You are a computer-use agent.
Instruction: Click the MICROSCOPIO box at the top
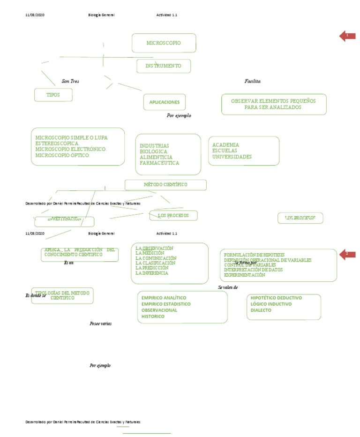164,43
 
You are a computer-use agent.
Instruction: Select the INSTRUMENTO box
164,66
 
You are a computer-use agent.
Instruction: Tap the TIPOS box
53,95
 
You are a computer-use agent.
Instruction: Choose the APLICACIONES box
164,102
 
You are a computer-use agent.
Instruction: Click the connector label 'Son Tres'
70,81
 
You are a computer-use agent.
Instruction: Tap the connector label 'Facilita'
252,81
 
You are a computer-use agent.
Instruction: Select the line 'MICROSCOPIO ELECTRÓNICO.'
71,149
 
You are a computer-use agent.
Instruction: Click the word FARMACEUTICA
159,163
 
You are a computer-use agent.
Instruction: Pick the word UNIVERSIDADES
232,157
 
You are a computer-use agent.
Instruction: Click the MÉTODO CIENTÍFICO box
165,185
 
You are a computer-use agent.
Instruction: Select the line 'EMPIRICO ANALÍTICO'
164,298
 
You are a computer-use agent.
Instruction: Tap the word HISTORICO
153,316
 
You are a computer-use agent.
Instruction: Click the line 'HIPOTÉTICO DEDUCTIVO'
276,298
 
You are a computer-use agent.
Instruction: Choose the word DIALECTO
261,310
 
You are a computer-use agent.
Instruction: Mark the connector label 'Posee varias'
100,324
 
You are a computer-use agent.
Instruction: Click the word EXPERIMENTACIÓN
244,275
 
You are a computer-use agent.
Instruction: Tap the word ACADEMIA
225,145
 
